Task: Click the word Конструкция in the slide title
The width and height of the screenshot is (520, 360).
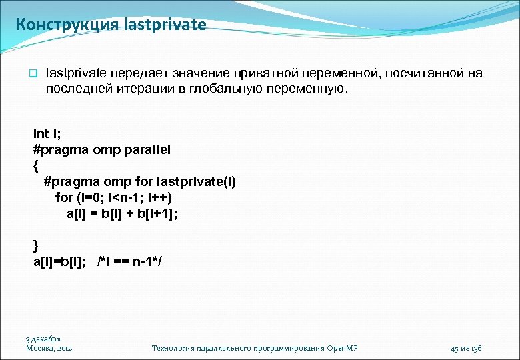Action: point(67,25)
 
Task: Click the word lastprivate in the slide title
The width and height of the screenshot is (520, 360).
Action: point(165,25)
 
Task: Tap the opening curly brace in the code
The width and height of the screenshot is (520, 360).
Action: point(35,165)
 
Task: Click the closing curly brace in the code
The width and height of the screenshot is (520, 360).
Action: point(35,245)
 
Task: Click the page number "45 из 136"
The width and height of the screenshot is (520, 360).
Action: point(467,348)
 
